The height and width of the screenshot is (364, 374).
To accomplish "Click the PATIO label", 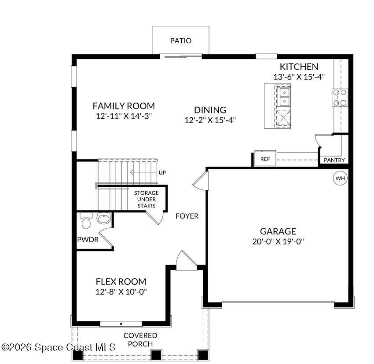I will click(x=181, y=41).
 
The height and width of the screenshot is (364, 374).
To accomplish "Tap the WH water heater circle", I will click(x=340, y=178).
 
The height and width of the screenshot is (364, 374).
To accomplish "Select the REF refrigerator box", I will click(x=265, y=159).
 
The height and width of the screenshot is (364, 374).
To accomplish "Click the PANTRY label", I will click(x=334, y=160).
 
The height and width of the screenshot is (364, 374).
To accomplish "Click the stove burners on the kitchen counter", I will click(x=340, y=98).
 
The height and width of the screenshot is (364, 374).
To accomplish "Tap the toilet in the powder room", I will click(x=86, y=222).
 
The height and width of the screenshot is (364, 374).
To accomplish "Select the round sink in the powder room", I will click(x=103, y=219).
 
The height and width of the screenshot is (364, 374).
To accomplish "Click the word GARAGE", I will click(x=278, y=231).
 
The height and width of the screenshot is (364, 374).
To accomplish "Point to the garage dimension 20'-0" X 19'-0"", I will click(x=278, y=241).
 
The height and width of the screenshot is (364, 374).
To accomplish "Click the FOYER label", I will click(x=187, y=216).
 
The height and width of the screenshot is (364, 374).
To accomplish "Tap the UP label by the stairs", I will click(x=162, y=172).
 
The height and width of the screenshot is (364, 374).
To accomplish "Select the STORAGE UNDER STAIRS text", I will click(x=147, y=199).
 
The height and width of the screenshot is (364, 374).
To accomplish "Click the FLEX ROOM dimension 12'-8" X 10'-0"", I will click(x=121, y=291).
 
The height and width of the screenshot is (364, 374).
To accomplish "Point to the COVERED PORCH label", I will click(x=140, y=339).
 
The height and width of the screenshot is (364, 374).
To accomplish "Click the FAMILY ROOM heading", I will click(x=124, y=106).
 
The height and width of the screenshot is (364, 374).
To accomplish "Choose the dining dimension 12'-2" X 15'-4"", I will click(x=210, y=120).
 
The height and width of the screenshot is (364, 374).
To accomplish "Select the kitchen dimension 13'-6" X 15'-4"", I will click(x=299, y=76).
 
